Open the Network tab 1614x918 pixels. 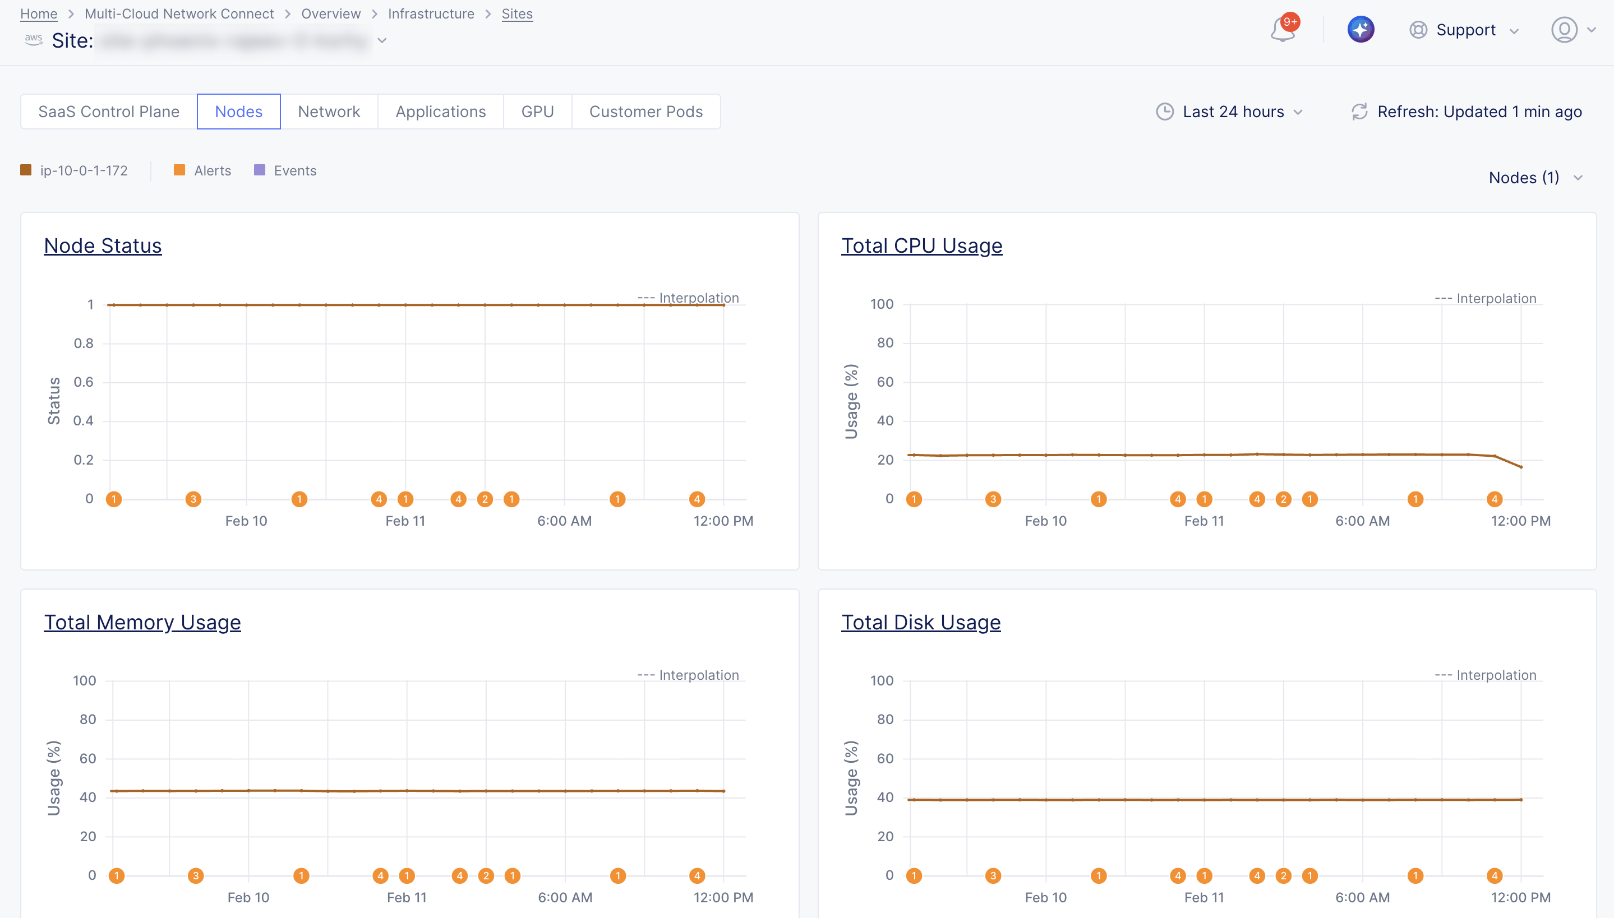point(329,112)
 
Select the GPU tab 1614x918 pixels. point(537,112)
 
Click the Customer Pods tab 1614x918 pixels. point(645,112)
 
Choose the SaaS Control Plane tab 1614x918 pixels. point(108,112)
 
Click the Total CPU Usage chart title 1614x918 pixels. point(921,245)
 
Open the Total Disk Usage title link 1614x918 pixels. point(920,622)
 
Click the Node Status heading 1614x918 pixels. point(103,245)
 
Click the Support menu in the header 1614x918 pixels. point(1464,30)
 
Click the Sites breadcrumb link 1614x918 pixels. point(517,13)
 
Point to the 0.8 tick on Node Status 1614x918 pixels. point(84,343)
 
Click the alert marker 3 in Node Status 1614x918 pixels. point(193,499)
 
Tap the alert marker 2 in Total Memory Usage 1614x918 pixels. point(486,875)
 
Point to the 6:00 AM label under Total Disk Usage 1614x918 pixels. point(1362,897)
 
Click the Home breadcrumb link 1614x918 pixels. point(39,13)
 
